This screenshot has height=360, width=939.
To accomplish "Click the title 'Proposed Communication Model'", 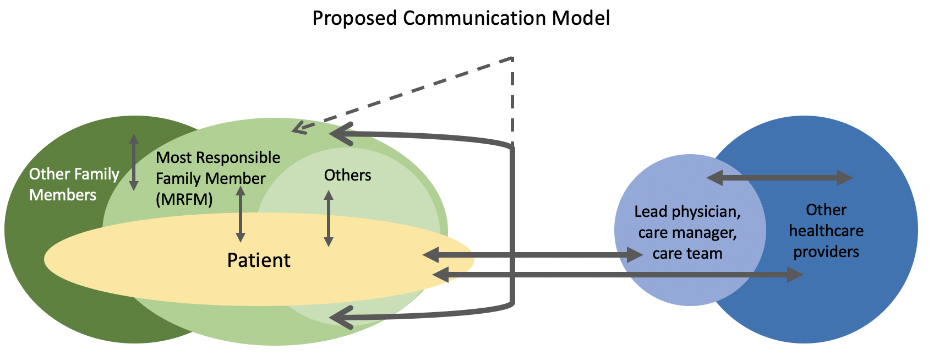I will click(461, 18).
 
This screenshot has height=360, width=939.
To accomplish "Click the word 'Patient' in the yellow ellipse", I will click(259, 260).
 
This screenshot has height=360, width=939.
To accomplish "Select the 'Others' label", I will click(347, 176).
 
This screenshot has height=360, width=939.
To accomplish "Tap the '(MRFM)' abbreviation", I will click(184, 199).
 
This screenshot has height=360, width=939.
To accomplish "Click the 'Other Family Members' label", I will click(74, 184).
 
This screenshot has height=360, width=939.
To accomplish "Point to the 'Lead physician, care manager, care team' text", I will click(687, 232).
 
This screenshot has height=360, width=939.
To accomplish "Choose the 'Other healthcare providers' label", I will click(826, 231).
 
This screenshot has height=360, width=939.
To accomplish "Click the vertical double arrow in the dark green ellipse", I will click(133, 162).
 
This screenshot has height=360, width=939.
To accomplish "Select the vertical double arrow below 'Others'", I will click(329, 219).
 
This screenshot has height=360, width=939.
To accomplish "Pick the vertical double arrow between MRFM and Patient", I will click(241, 214).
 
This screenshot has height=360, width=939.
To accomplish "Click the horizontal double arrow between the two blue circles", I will click(779, 178).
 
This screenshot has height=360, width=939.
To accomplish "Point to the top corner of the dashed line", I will click(512, 58).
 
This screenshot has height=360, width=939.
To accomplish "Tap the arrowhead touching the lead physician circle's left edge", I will click(635, 255).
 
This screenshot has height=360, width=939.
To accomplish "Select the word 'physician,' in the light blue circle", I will click(706, 211).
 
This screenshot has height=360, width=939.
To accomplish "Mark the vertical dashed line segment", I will click(512, 102).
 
